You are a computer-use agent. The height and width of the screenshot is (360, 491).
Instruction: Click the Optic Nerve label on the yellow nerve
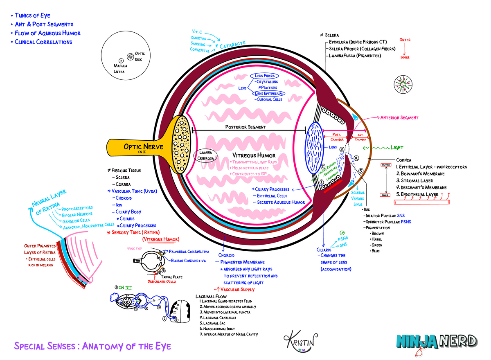(x=143, y=147)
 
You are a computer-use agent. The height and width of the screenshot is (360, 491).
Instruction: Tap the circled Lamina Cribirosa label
(x=205, y=156)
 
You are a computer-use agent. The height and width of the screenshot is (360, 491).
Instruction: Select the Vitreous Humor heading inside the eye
(x=254, y=155)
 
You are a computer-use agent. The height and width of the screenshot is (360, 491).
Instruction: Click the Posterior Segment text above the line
(x=245, y=127)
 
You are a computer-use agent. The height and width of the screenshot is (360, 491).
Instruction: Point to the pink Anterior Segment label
(x=399, y=118)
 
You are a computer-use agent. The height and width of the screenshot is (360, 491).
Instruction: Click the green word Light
(x=396, y=148)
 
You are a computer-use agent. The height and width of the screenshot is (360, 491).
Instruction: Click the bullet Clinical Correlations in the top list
(x=43, y=42)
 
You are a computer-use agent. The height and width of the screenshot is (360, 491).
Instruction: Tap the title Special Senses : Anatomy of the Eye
(x=92, y=346)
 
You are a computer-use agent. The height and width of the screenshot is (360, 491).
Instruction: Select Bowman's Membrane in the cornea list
(x=414, y=174)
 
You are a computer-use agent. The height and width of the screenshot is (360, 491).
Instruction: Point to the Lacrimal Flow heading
(x=211, y=296)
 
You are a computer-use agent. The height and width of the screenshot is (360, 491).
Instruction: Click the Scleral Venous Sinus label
(x=358, y=198)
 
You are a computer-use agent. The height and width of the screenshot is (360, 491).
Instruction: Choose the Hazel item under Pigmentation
(x=376, y=239)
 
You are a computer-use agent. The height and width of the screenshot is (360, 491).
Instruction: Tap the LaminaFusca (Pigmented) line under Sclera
(x=355, y=55)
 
